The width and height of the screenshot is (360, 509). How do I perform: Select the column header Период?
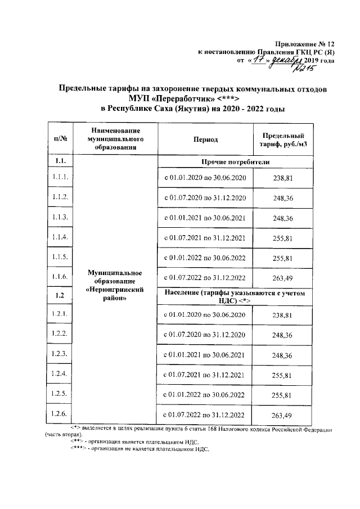pyautogui.click(x=207, y=139)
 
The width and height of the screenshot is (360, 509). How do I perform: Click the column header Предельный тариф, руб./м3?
pyautogui.click(x=283, y=139)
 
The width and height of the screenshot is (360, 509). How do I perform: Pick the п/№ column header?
pyautogui.click(x=60, y=139)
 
